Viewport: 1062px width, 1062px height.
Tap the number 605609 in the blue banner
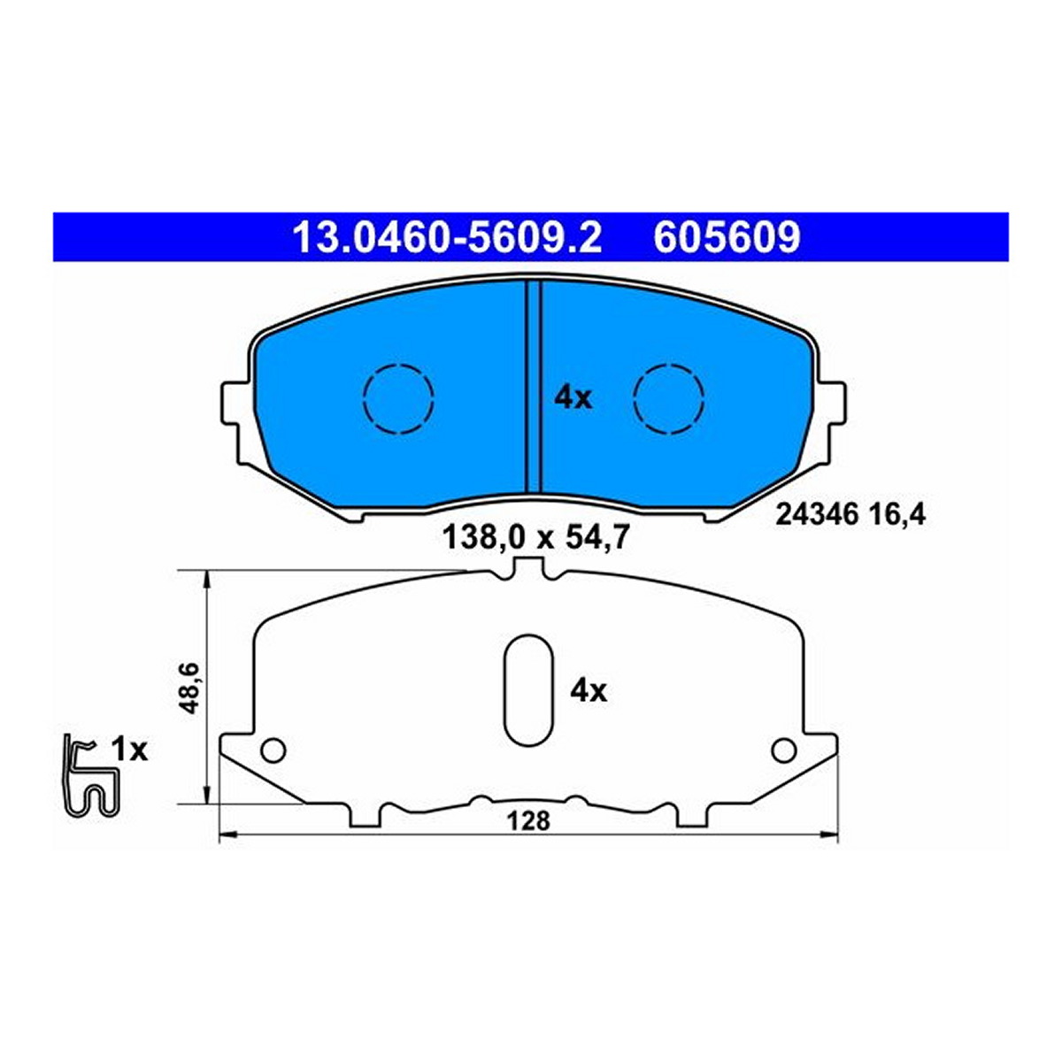point(727,237)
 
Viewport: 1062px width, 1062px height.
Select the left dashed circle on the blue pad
point(398,399)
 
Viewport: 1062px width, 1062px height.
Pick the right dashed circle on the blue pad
point(668,399)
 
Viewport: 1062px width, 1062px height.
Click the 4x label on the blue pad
point(573,398)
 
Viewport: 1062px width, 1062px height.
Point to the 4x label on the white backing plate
point(589,691)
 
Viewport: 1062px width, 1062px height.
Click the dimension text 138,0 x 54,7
point(535,538)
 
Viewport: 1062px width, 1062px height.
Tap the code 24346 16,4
point(850,516)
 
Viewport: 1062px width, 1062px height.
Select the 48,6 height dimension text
point(190,689)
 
